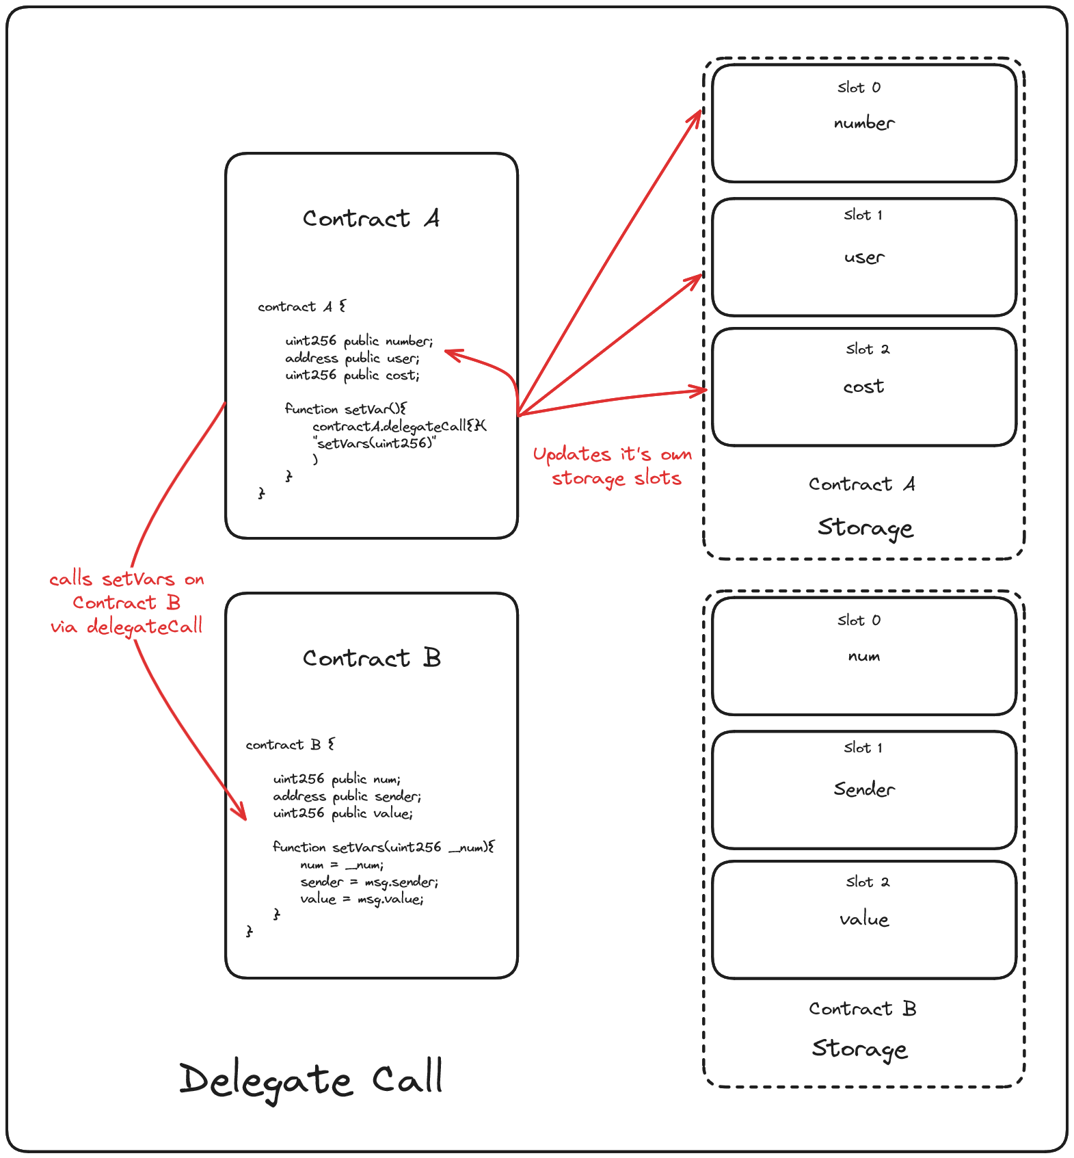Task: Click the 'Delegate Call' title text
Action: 312,1079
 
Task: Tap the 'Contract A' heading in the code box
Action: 371,218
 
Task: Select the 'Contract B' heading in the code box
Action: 371,658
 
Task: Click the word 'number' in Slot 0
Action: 864,123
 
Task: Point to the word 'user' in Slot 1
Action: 864,257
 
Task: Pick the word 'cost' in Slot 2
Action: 863,386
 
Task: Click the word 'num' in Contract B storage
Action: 864,656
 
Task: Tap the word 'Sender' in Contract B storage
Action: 864,789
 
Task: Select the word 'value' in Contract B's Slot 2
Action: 864,919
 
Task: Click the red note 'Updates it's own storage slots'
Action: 613,466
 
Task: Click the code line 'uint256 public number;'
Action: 359,341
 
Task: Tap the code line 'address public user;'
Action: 352,358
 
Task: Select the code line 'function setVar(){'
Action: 345,409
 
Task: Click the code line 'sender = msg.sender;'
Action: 369,882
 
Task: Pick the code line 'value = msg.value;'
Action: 362,899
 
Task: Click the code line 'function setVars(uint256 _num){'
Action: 383,847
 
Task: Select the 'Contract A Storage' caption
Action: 863,506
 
